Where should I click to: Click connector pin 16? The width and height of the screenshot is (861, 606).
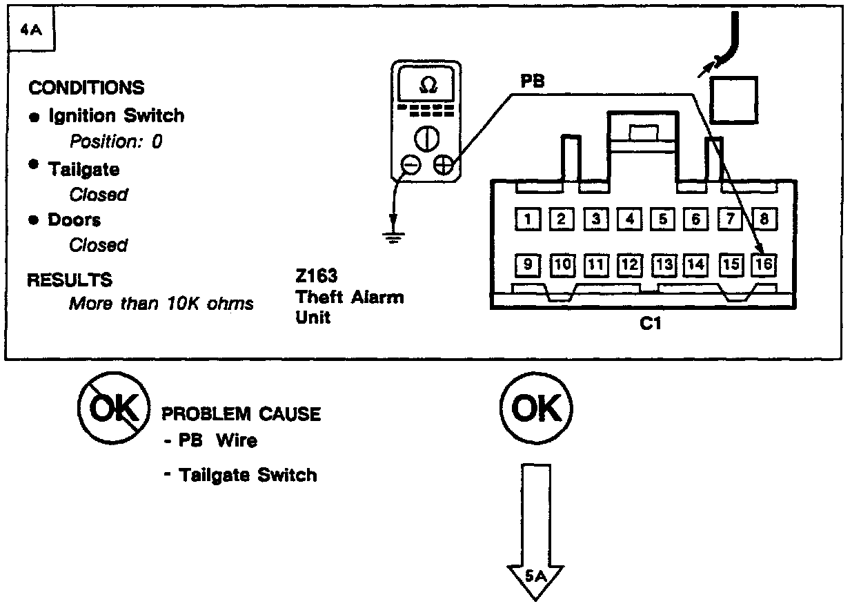(x=764, y=264)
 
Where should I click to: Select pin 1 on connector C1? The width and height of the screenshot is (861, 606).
(x=528, y=219)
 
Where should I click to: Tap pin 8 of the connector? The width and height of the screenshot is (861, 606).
(x=764, y=219)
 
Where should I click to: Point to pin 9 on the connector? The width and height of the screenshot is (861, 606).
(x=528, y=264)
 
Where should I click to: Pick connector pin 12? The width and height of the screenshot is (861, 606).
(x=629, y=264)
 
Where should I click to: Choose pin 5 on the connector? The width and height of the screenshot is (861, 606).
(x=662, y=219)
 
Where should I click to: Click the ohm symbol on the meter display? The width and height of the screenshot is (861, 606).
(x=428, y=85)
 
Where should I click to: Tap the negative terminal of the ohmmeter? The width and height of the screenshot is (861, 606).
(x=412, y=166)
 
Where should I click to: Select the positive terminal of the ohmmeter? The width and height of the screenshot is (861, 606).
(x=443, y=166)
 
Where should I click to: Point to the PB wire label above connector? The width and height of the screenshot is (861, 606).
(x=533, y=81)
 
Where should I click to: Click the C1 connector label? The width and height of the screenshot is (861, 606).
(x=650, y=323)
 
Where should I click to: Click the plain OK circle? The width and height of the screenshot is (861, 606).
(x=535, y=409)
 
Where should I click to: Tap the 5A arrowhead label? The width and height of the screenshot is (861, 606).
(x=535, y=574)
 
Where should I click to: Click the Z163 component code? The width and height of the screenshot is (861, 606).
(x=316, y=277)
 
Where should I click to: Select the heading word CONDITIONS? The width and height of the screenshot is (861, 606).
(x=86, y=88)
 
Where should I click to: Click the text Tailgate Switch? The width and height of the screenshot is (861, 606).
(x=248, y=475)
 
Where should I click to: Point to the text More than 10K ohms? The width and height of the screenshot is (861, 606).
(x=161, y=304)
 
